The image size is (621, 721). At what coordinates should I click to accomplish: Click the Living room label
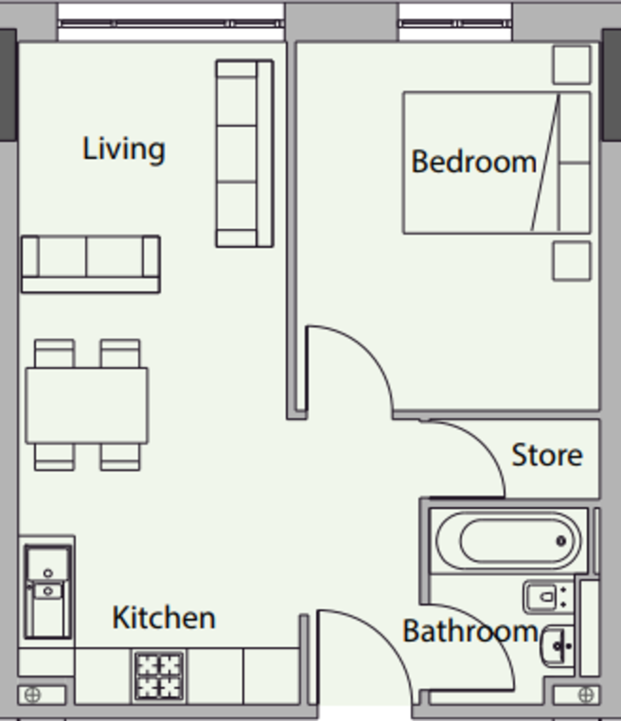point(123,149)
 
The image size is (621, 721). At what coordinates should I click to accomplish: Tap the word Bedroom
point(473,162)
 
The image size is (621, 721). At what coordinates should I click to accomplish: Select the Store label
point(546,455)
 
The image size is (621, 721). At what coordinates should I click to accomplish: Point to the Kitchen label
point(164,618)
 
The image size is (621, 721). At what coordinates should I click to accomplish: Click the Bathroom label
point(470,631)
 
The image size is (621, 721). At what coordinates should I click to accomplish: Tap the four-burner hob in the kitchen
point(159,675)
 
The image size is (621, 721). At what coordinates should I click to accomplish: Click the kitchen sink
point(47,591)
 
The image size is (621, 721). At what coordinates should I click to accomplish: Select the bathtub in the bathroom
point(509,540)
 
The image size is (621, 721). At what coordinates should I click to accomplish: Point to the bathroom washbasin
point(558,646)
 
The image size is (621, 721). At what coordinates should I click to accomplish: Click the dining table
point(87,406)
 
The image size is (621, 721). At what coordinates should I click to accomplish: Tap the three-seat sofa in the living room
point(244,153)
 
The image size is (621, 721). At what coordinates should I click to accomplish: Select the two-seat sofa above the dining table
point(90,264)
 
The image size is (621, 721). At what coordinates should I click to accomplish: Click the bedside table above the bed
point(571,64)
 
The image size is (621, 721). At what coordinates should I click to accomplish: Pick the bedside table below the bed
point(571,261)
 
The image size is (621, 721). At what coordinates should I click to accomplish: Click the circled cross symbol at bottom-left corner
point(34,695)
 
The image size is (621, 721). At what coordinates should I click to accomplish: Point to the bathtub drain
point(561,541)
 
